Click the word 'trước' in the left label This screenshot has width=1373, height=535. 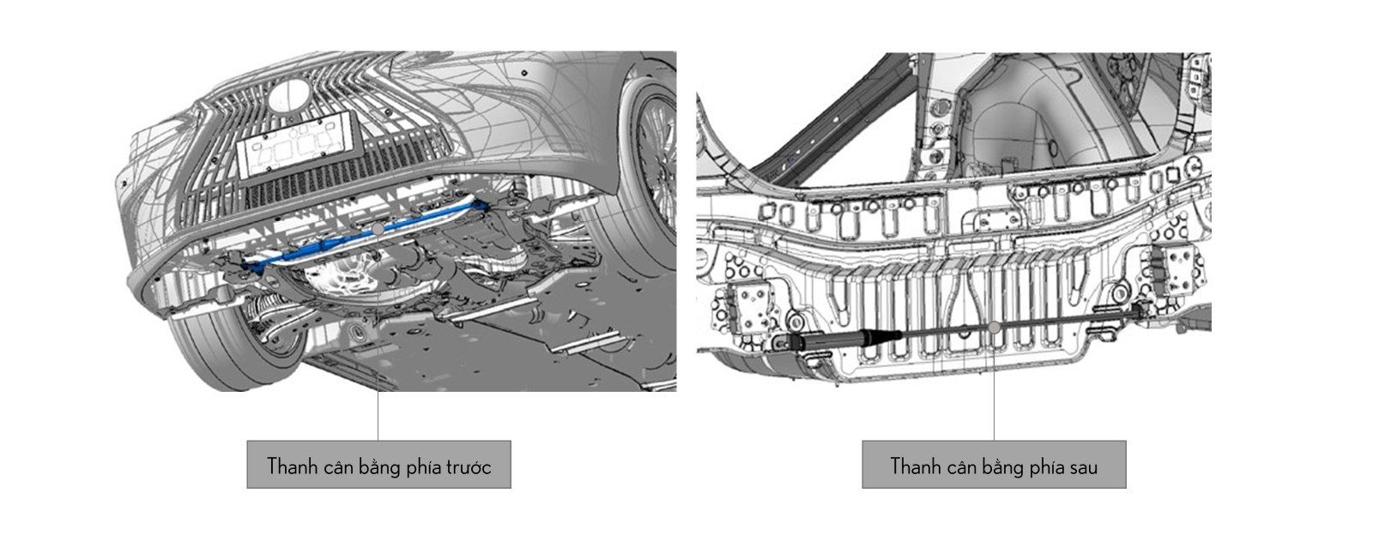(x=469, y=467)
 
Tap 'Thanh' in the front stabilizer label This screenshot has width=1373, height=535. (x=292, y=466)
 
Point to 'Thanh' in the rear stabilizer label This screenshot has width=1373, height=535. (x=915, y=466)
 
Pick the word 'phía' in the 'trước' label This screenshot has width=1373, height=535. (x=423, y=467)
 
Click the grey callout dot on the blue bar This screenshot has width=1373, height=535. (x=378, y=228)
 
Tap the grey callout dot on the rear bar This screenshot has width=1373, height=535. (x=995, y=328)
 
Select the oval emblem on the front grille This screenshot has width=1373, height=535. (x=290, y=97)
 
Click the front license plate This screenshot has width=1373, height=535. (x=297, y=145)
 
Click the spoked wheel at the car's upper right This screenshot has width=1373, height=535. (x=649, y=165)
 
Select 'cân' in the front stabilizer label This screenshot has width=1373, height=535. (x=344, y=467)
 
